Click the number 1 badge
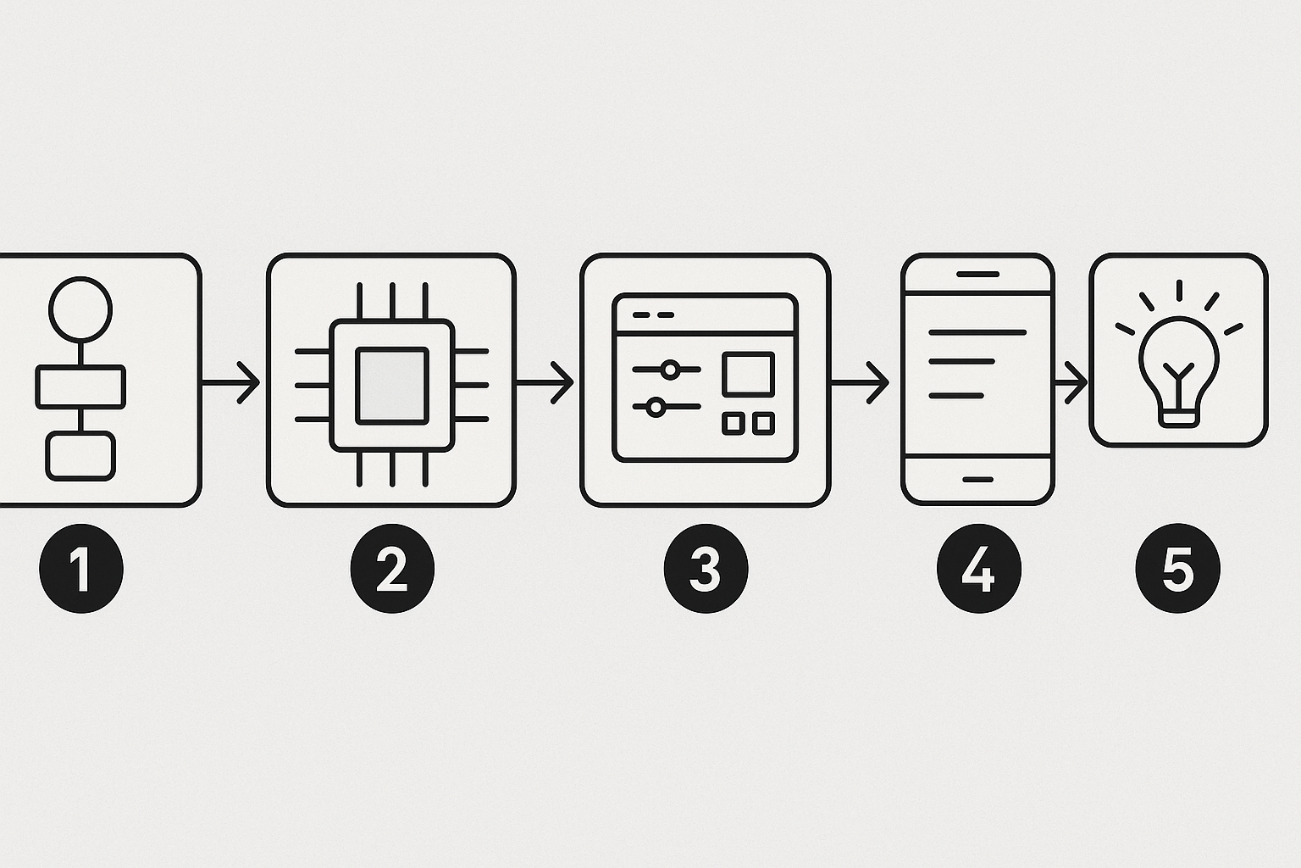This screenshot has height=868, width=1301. click(x=81, y=569)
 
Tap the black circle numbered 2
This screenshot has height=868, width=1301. click(x=392, y=569)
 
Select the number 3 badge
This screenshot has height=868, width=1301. click(x=706, y=569)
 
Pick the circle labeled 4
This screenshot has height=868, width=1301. click(x=978, y=569)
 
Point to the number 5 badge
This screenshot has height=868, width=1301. click(x=1177, y=569)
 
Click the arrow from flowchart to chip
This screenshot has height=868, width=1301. click(x=232, y=383)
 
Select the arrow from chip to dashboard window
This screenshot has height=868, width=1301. click(x=545, y=383)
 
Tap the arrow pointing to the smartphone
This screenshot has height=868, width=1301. click(x=861, y=383)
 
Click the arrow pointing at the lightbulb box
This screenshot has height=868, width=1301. click(x=1071, y=383)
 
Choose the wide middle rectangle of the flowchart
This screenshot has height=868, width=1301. click(x=80, y=387)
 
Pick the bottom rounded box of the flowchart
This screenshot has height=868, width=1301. click(x=80, y=456)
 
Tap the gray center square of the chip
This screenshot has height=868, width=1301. click(x=392, y=385)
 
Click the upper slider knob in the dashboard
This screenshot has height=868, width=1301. click(x=670, y=370)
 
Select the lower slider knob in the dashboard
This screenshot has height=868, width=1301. click(x=655, y=407)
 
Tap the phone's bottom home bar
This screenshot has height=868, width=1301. click(x=978, y=479)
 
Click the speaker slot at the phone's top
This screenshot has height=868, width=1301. click(x=978, y=274)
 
